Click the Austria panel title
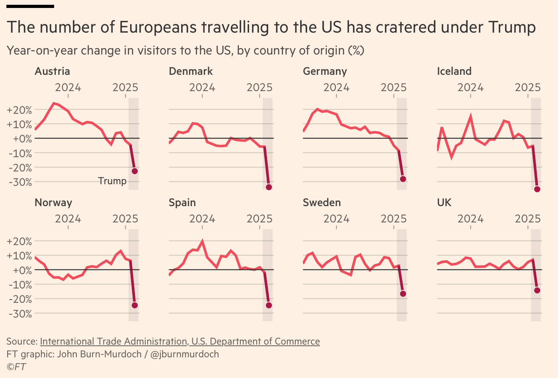(52, 71)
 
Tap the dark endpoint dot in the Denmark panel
(269, 187)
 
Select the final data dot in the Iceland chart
(537, 189)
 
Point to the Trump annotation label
(112, 181)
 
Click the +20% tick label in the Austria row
(19, 110)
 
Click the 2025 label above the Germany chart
(393, 88)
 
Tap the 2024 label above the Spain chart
(202, 219)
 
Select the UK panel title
(444, 203)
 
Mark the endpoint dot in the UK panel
(537, 290)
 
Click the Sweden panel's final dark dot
(403, 294)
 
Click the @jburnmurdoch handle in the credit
(185, 354)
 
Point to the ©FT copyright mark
(16, 366)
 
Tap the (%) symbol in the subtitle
(356, 51)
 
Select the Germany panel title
(325, 71)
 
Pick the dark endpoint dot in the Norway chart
(135, 305)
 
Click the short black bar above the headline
(30, 6)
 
